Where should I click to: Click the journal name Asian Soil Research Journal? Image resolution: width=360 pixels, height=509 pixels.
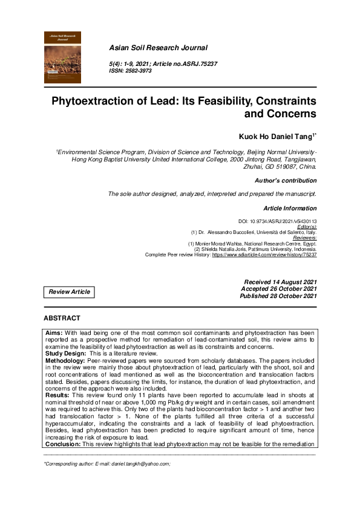pos(158,47)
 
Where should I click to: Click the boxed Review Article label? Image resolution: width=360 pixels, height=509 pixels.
pos(69,292)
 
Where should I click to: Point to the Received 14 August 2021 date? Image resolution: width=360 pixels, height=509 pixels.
pos(280,282)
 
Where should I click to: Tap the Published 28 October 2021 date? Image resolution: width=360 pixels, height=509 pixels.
pos(278,296)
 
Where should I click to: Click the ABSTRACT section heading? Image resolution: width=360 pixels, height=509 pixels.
pos(62,318)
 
